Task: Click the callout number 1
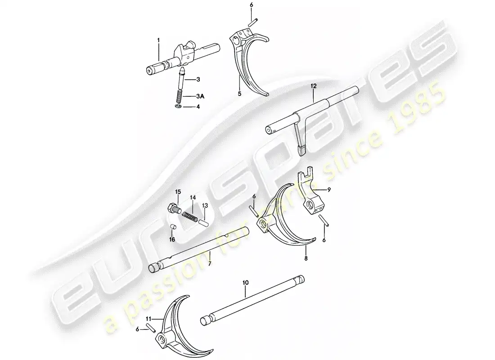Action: [158, 40]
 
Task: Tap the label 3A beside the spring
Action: [200, 96]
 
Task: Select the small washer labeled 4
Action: [178, 107]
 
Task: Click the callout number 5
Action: [239, 94]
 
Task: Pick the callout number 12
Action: [313, 85]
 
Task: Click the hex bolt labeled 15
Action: [173, 209]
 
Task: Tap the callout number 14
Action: [193, 198]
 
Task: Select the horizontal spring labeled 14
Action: [190, 217]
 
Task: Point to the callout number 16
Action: [172, 240]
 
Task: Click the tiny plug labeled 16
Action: [173, 226]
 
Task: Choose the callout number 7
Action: [210, 263]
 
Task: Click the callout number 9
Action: [329, 189]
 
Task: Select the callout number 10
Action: [246, 282]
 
